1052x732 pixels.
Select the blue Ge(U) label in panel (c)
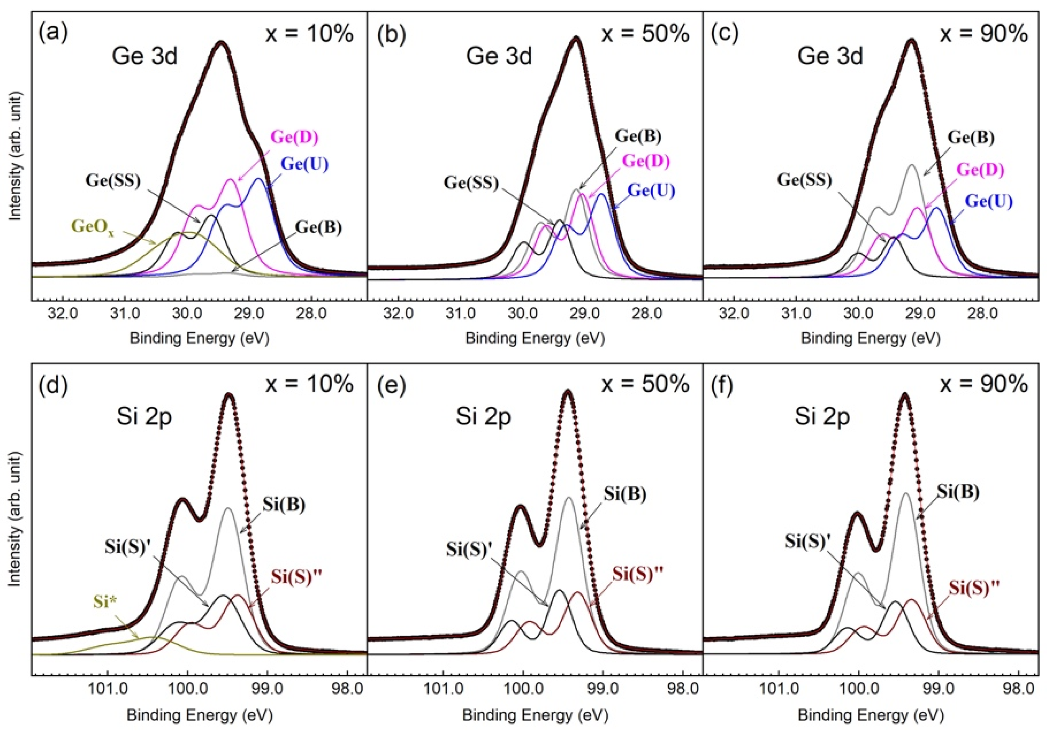[x=988, y=201]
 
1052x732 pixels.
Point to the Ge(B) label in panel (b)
[x=638, y=136]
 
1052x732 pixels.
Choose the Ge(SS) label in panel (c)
[x=804, y=180]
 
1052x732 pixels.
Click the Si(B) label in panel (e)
[x=624, y=494]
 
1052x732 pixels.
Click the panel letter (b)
[x=391, y=34]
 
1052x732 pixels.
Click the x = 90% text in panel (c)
[x=984, y=34]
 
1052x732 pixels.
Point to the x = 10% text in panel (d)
[x=310, y=384]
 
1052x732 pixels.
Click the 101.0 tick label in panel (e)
[x=443, y=690]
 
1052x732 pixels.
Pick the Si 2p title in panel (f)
[x=822, y=417]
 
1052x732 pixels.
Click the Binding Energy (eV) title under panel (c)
[x=871, y=338]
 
